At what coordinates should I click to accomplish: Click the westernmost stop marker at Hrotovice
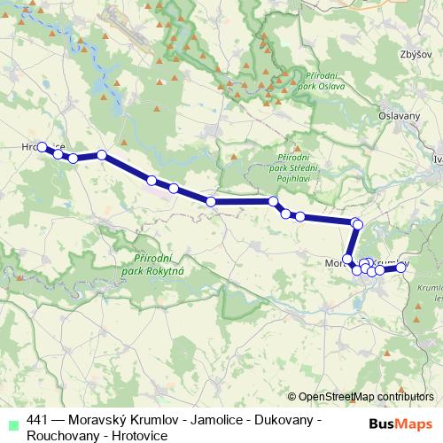42,147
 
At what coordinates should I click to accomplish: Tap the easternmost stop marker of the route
400,267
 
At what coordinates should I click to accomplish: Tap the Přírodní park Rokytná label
157,262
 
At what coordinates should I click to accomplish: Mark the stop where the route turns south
357,224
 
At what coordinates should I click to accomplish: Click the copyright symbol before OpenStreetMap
293,397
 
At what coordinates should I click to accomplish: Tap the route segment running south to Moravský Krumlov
353,242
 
